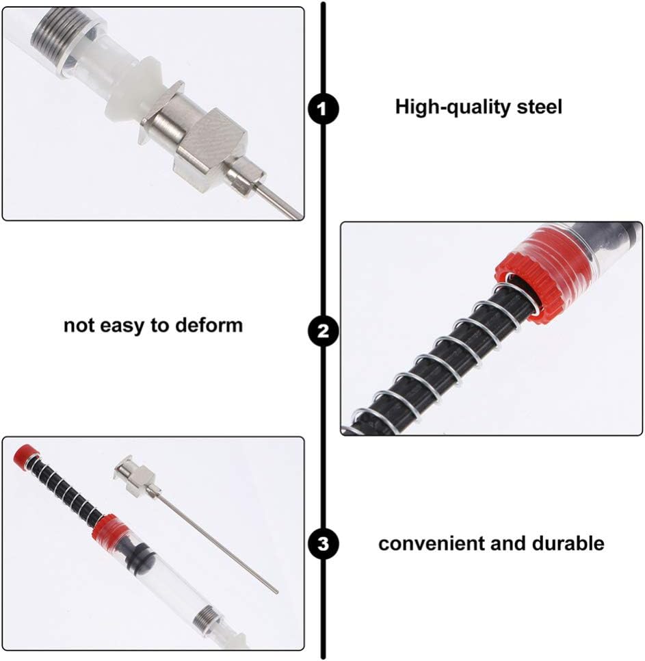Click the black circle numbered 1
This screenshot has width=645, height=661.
coord(323,108)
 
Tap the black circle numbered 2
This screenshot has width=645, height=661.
coord(323,332)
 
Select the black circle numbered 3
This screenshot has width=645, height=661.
coord(323,544)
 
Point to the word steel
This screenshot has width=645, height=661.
coord(540,107)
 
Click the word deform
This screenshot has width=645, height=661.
coord(209,324)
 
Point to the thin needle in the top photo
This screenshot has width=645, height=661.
coord(280,202)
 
